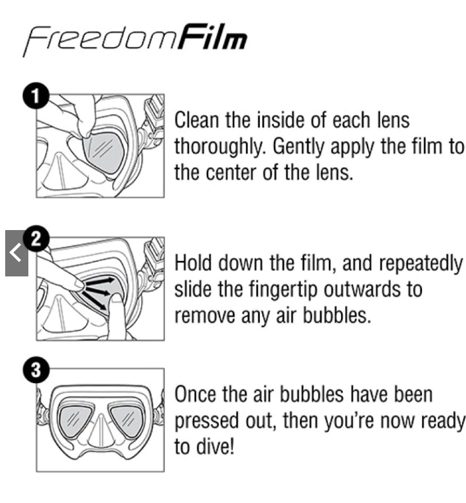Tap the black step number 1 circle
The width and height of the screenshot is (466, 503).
tap(36, 96)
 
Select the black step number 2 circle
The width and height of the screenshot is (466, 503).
tap(36, 238)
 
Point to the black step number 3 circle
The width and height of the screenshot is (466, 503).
tap(36, 370)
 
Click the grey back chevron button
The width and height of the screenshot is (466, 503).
tap(17, 253)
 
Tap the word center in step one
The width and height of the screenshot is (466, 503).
tap(232, 173)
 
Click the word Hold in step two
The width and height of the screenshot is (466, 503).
tap(193, 263)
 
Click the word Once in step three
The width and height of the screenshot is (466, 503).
tap(195, 394)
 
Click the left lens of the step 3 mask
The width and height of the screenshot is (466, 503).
tap(76, 420)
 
